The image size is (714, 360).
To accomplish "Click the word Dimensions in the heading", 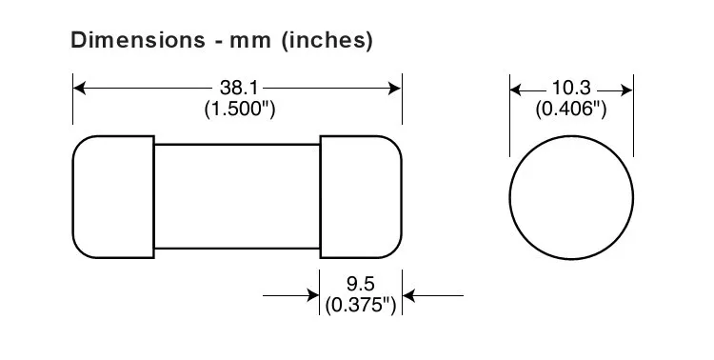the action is [x=138, y=40].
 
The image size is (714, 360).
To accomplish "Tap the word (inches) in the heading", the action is [x=327, y=41].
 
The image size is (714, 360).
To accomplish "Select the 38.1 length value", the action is [x=239, y=88].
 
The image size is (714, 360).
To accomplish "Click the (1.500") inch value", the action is [x=240, y=110].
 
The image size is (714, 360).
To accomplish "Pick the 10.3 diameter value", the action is [x=571, y=88].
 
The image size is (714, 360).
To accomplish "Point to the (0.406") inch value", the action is [x=571, y=110].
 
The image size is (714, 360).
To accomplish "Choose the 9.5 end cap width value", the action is [x=360, y=284].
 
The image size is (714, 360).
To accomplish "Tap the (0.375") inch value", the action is [x=361, y=306].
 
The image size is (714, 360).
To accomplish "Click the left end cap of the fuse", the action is [x=113, y=197].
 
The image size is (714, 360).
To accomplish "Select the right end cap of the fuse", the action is [x=361, y=197].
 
